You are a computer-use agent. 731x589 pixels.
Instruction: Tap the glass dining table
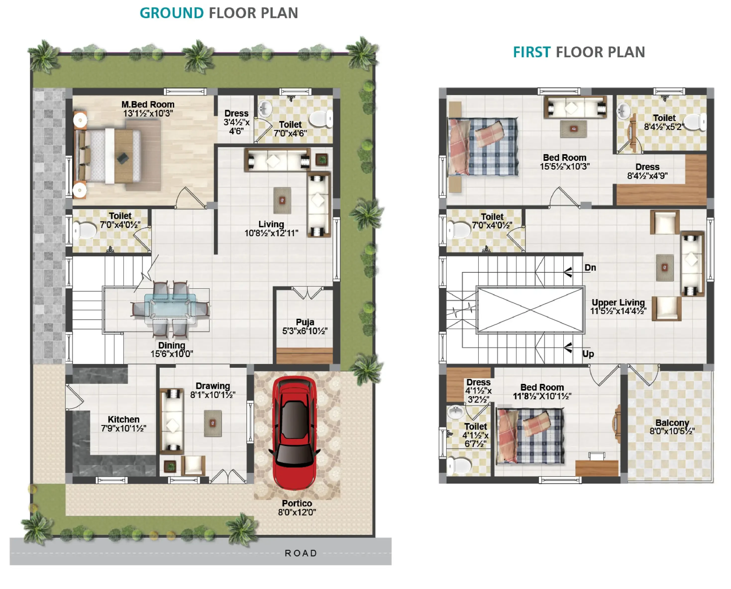tap(170, 309)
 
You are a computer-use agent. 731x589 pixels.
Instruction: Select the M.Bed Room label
tap(148, 104)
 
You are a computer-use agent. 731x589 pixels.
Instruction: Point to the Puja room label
tap(305, 322)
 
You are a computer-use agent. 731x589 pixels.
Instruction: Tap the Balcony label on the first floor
tap(672, 423)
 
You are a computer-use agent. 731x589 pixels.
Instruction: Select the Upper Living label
tap(618, 302)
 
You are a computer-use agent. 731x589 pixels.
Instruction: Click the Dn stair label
tap(590, 268)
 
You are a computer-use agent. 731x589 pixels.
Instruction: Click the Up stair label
tap(588, 354)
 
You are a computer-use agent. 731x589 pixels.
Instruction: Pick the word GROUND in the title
tap(171, 13)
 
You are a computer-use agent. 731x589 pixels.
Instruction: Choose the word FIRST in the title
tap(532, 52)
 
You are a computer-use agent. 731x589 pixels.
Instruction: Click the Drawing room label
tap(213, 386)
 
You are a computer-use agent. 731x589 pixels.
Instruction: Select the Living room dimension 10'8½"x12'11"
tap(271, 233)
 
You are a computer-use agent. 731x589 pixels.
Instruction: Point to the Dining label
tap(172, 345)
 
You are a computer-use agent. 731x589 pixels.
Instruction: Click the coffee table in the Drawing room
tap(213, 423)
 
